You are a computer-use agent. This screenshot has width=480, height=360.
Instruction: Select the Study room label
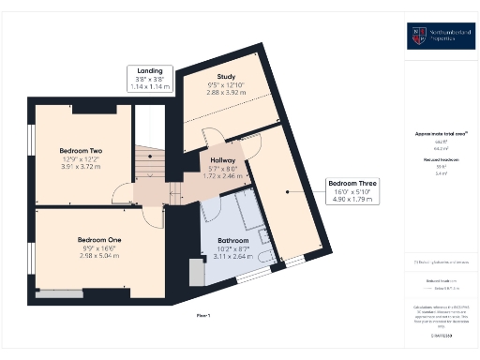(225, 77)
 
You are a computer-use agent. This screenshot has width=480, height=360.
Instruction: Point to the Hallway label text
(222, 160)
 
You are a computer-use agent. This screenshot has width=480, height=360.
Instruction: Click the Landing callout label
(150, 71)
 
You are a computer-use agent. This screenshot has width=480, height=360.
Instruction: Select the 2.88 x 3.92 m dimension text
(225, 93)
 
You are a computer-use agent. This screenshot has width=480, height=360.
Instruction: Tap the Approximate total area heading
(441, 134)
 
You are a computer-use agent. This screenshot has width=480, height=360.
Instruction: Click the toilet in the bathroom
(265, 255)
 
